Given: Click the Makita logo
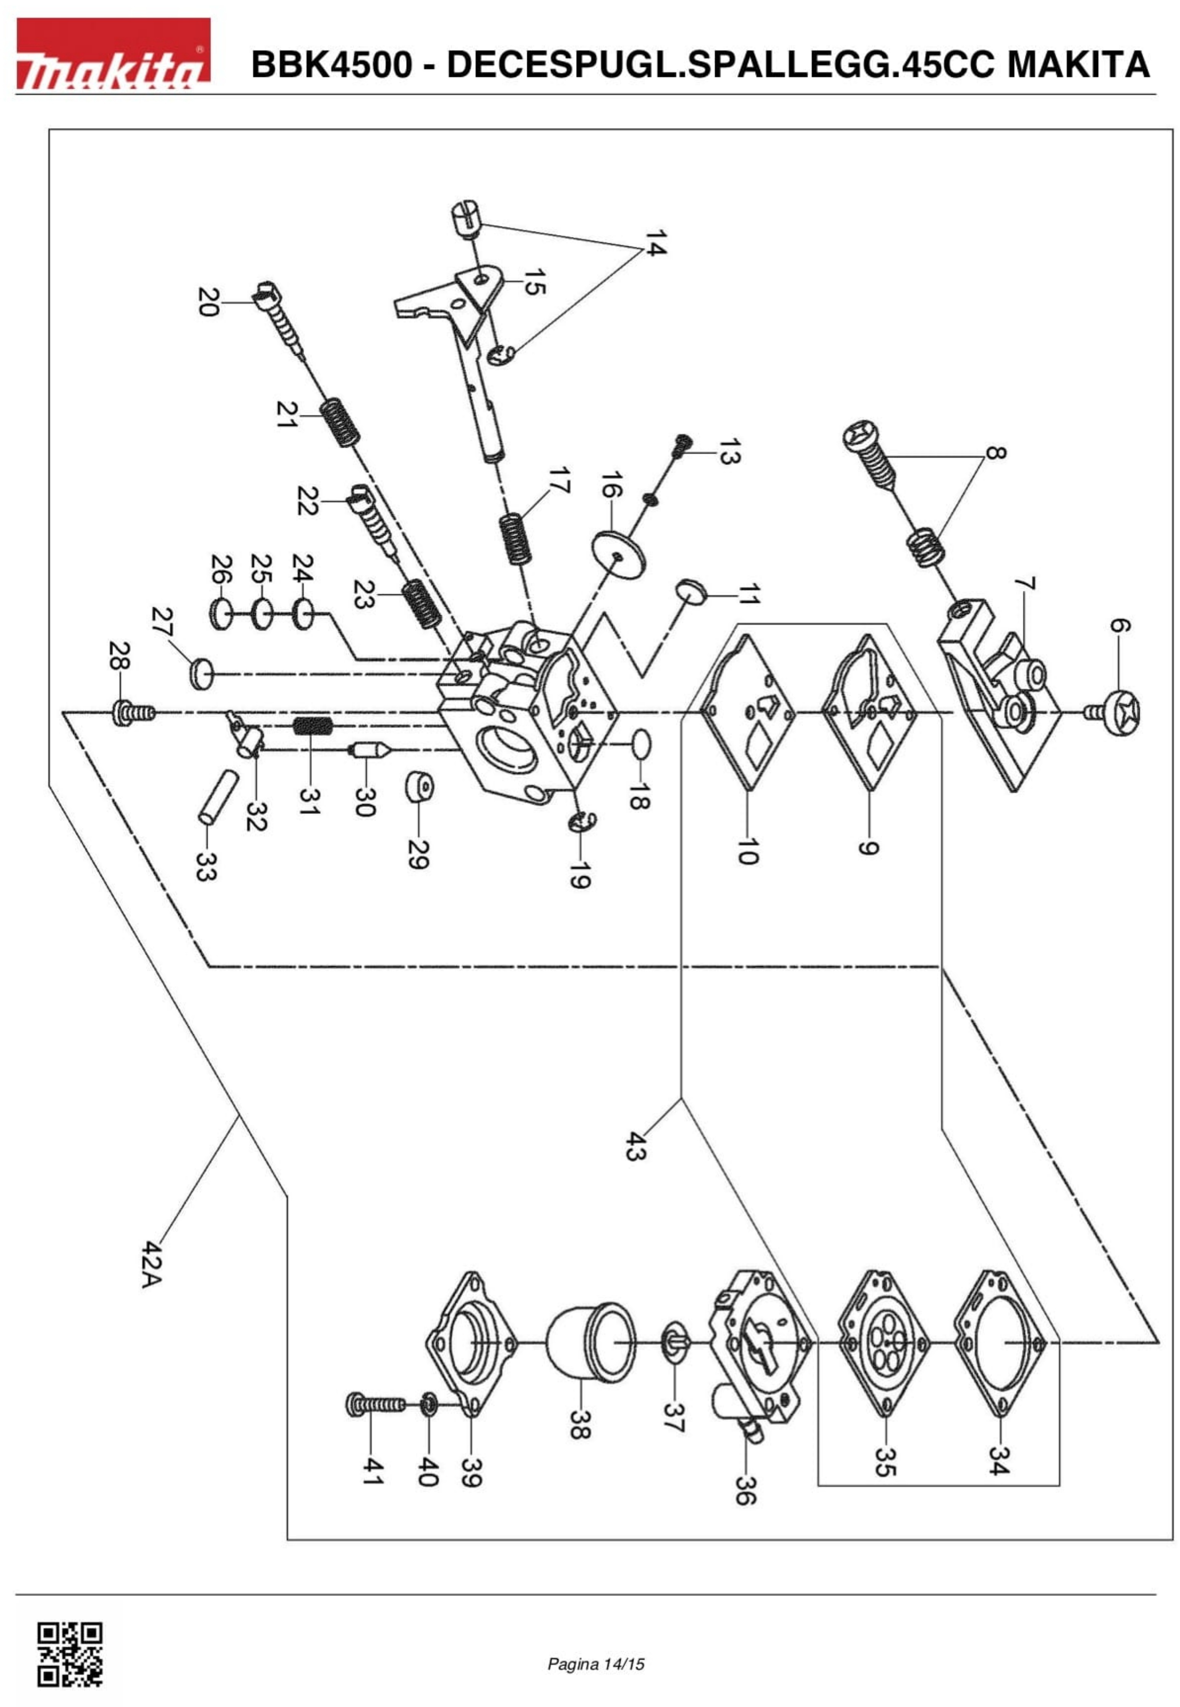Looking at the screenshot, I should click(113, 53).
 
